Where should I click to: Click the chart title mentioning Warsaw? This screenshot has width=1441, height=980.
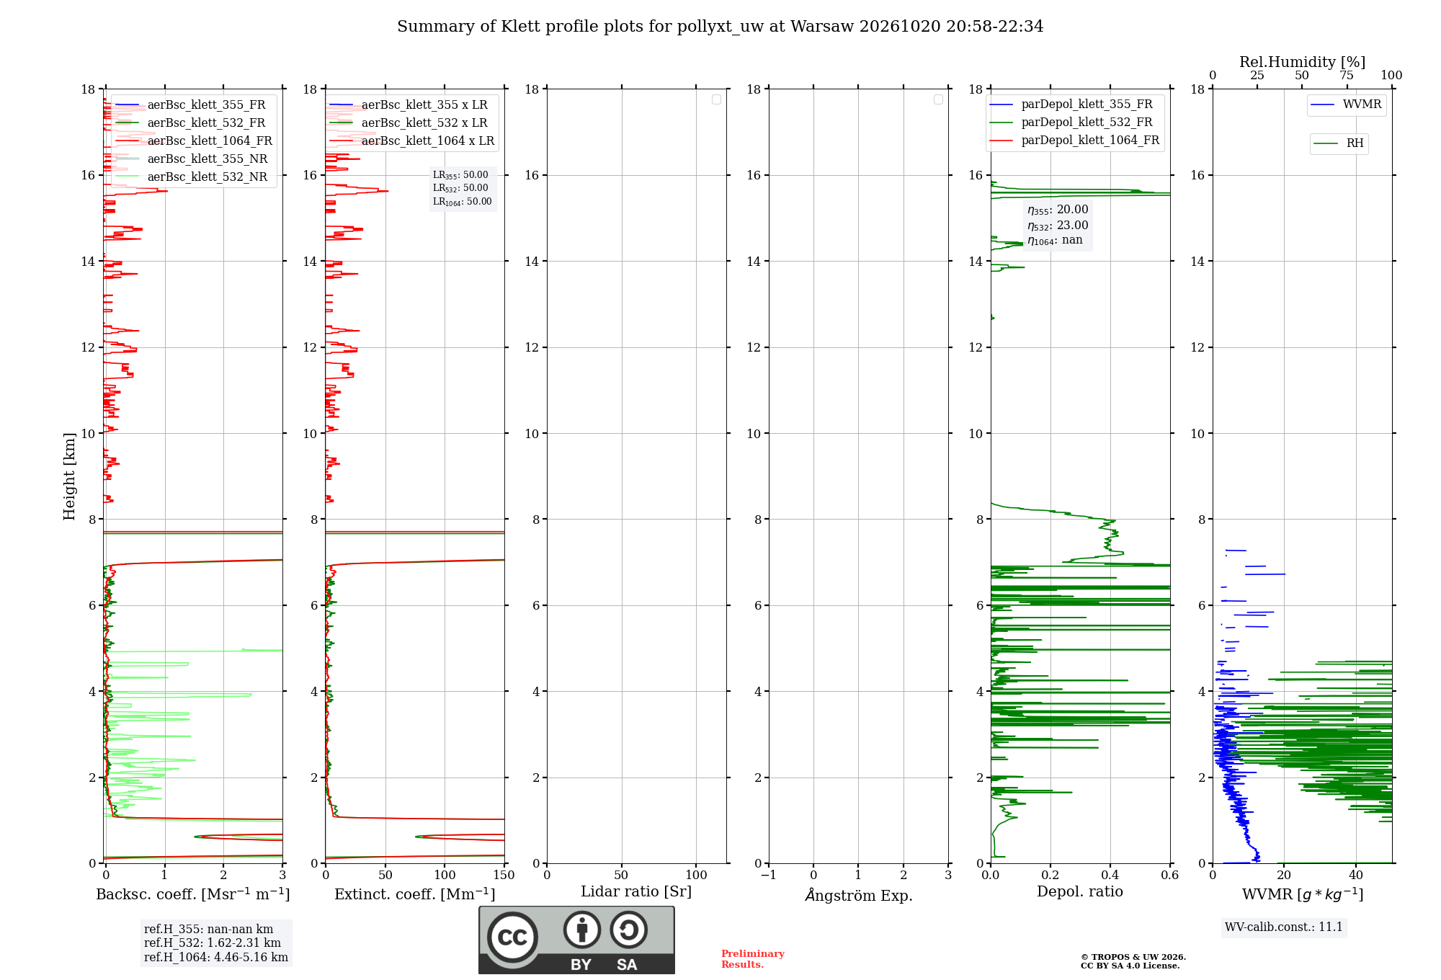pyautogui.click(x=720, y=27)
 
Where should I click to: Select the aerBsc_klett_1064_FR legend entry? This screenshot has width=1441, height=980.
pyautogui.click(x=194, y=141)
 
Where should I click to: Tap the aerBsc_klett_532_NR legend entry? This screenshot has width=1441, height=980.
pyautogui.click(x=192, y=177)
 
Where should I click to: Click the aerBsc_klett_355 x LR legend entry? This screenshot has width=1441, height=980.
pyautogui.click(x=409, y=104)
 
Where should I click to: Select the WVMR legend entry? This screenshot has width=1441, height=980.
pyautogui.click(x=1347, y=104)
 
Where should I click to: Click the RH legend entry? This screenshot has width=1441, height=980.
pyautogui.click(x=1339, y=143)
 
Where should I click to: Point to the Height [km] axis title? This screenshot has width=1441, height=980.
pyautogui.click(x=69, y=476)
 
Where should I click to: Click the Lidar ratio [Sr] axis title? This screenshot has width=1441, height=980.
pyautogui.click(x=636, y=891)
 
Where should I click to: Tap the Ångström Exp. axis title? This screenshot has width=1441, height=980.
pyautogui.click(x=859, y=894)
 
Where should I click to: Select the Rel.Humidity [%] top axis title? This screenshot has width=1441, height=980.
pyautogui.click(x=1303, y=62)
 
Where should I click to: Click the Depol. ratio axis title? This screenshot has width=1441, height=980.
pyautogui.click(x=1080, y=891)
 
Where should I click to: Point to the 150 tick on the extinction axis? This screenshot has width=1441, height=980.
pyautogui.click(x=504, y=875)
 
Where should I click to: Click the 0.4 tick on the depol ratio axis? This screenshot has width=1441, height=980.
pyautogui.click(x=1110, y=875)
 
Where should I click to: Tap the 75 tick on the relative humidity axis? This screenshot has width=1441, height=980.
pyautogui.click(x=1347, y=76)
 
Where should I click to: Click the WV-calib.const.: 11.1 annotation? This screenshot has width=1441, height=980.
pyautogui.click(x=1284, y=927)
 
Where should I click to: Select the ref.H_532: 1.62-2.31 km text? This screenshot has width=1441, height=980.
pyautogui.click(x=213, y=943)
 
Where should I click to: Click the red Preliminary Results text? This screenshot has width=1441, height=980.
pyautogui.click(x=753, y=959)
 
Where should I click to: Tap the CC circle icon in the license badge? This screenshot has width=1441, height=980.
pyautogui.click(x=512, y=937)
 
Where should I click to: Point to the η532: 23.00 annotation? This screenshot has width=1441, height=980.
pyautogui.click(x=1058, y=226)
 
